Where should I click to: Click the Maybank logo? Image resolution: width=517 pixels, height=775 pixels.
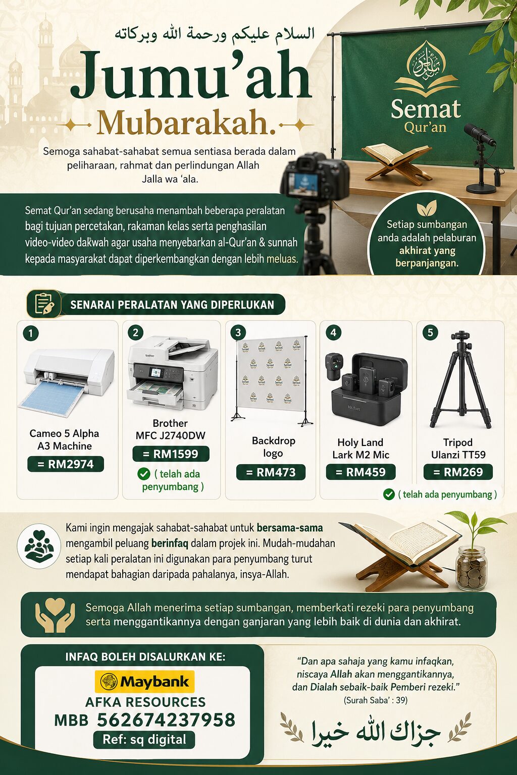pos(144,682)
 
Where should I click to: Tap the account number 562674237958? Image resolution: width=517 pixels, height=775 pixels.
pos(166,721)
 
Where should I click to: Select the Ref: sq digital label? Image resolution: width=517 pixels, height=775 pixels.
pos(144,740)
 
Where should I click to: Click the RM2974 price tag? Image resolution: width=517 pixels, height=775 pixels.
pos(66,464)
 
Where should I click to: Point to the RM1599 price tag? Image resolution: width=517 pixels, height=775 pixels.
pos(171,454)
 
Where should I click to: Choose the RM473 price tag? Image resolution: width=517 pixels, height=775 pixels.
pos(271,472)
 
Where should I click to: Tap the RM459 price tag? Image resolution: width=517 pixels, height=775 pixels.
pos(360,472)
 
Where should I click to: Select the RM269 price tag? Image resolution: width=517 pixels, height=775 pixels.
pos(458,472)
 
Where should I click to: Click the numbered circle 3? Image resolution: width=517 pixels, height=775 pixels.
pos(238,333)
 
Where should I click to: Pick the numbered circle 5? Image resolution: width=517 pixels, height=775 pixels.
pos(430,333)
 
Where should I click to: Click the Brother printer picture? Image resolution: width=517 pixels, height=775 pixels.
pos(173,373)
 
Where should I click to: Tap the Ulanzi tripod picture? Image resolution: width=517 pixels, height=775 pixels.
pos(460,379)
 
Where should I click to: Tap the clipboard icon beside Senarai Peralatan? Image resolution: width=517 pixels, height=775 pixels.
pos(44,304)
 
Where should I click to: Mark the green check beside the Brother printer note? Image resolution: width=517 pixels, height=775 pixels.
pos(144,474)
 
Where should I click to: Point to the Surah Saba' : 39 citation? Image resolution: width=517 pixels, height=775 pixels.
pos(375,700)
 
